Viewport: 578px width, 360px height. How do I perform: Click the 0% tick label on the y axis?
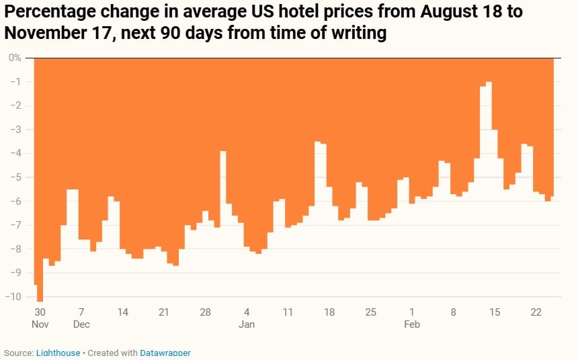point(15,58)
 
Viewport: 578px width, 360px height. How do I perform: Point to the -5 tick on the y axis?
point(16,177)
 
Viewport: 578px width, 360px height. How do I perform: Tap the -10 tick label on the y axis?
point(14,297)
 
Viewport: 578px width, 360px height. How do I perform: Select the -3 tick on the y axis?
point(16,130)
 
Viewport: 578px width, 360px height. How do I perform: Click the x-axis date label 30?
point(40,312)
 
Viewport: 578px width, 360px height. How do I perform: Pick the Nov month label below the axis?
point(40,324)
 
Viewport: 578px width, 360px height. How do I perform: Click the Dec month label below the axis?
point(81,324)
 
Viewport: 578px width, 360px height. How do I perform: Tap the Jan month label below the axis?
point(247,324)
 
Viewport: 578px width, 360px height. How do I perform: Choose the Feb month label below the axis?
point(412,324)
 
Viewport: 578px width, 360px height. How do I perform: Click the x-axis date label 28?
point(205,312)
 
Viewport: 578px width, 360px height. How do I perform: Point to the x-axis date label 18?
point(329,312)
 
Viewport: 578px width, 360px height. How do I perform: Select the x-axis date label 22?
point(536,312)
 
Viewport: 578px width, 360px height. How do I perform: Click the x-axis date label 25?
point(370,312)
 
